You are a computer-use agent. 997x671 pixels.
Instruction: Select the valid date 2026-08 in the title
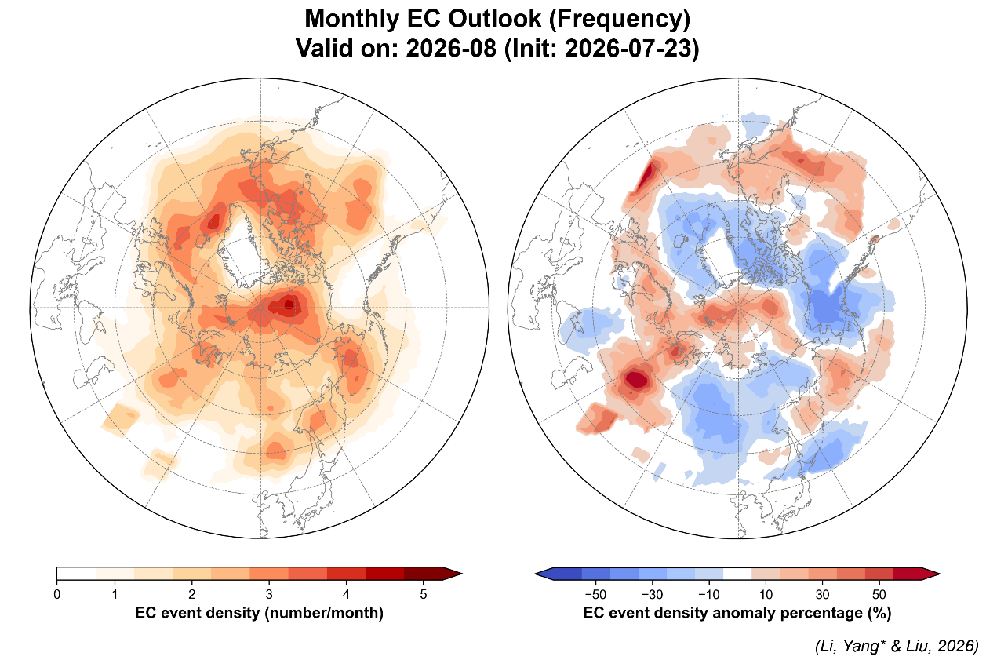click(x=451, y=48)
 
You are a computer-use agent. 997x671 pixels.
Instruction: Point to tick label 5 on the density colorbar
click(x=424, y=594)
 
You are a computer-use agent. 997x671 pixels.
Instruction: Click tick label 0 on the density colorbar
click(x=57, y=594)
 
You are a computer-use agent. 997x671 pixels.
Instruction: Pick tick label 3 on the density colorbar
click(x=269, y=594)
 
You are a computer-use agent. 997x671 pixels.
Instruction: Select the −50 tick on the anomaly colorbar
click(x=595, y=594)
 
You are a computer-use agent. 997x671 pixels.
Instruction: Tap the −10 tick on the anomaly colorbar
click(x=709, y=594)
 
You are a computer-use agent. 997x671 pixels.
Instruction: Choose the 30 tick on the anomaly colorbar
click(x=823, y=594)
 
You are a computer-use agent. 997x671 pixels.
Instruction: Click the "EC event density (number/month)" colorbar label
click(x=259, y=613)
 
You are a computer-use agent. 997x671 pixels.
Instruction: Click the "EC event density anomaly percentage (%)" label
click(x=737, y=613)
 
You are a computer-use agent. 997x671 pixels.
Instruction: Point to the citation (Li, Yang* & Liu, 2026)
click(x=897, y=646)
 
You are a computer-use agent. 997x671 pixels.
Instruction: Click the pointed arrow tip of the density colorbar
click(x=462, y=574)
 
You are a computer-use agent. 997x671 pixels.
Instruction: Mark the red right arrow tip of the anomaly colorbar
click(x=940, y=574)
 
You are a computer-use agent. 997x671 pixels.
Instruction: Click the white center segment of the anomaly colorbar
click(x=737, y=574)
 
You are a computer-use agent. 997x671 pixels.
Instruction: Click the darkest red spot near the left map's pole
click(x=289, y=305)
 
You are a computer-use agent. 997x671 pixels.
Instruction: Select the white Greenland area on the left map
click(x=242, y=250)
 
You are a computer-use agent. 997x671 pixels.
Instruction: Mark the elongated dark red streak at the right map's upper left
click(x=646, y=176)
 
